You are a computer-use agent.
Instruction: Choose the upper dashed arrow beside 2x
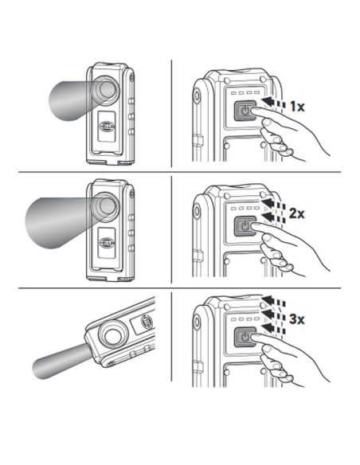click(x=273, y=205)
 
